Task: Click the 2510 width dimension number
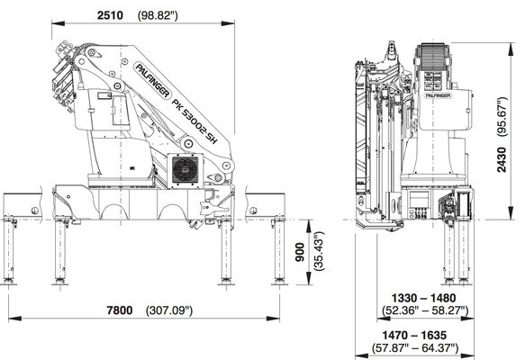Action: (x=110, y=15)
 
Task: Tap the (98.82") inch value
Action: (x=158, y=15)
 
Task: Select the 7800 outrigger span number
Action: (x=120, y=310)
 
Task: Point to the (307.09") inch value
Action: (x=169, y=310)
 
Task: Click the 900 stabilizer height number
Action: (x=301, y=252)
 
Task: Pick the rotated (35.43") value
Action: (x=319, y=250)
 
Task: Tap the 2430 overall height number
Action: (x=502, y=159)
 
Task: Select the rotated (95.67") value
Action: (x=502, y=116)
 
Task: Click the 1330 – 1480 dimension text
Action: (x=423, y=298)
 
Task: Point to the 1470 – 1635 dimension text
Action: (x=414, y=335)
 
